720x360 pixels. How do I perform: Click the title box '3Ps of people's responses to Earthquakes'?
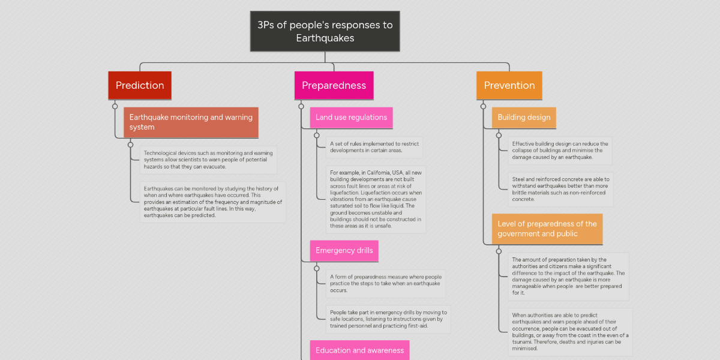click(325, 31)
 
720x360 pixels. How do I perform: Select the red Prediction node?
click(140, 85)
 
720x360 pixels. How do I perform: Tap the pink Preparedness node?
click(334, 85)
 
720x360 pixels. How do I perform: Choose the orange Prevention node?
click(509, 85)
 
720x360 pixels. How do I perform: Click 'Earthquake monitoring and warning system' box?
click(191, 122)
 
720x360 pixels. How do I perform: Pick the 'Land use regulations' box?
click(351, 118)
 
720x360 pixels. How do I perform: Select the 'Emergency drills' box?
click(344, 251)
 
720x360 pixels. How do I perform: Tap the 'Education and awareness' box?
click(359, 350)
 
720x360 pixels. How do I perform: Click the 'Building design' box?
click(524, 118)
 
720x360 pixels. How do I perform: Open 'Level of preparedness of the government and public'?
click(547, 229)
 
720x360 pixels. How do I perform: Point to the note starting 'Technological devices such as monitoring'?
click(208, 160)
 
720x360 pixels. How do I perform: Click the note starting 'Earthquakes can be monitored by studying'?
click(212, 202)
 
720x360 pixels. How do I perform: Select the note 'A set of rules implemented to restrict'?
click(374, 147)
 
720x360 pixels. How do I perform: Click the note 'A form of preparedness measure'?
click(386, 283)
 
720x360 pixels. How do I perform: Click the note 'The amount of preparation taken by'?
click(568, 276)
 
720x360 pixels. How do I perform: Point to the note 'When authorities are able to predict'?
click(569, 331)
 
